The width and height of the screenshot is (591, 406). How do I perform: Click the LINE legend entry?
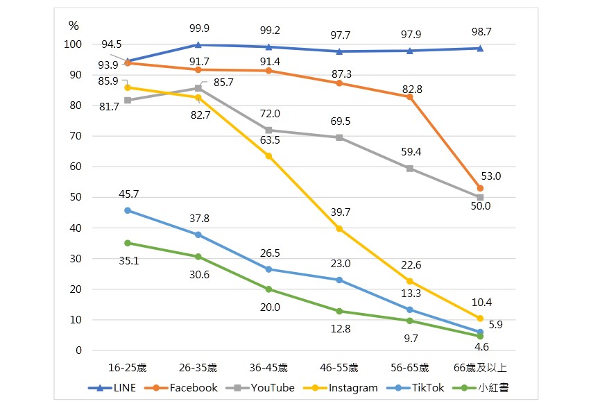[112, 388]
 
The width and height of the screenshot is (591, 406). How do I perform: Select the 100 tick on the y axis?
[74, 44]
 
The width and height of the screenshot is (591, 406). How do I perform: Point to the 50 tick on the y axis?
[77, 197]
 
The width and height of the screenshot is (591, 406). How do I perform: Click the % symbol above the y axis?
[74, 25]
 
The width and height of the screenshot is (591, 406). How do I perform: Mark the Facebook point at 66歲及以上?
[480, 188]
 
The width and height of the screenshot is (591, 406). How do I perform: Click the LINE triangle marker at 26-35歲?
[198, 45]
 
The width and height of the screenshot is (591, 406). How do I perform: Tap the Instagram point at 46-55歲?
[339, 228]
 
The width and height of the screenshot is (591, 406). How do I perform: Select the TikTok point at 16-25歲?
[128, 210]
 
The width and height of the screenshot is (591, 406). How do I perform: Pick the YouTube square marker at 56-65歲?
[409, 169]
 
